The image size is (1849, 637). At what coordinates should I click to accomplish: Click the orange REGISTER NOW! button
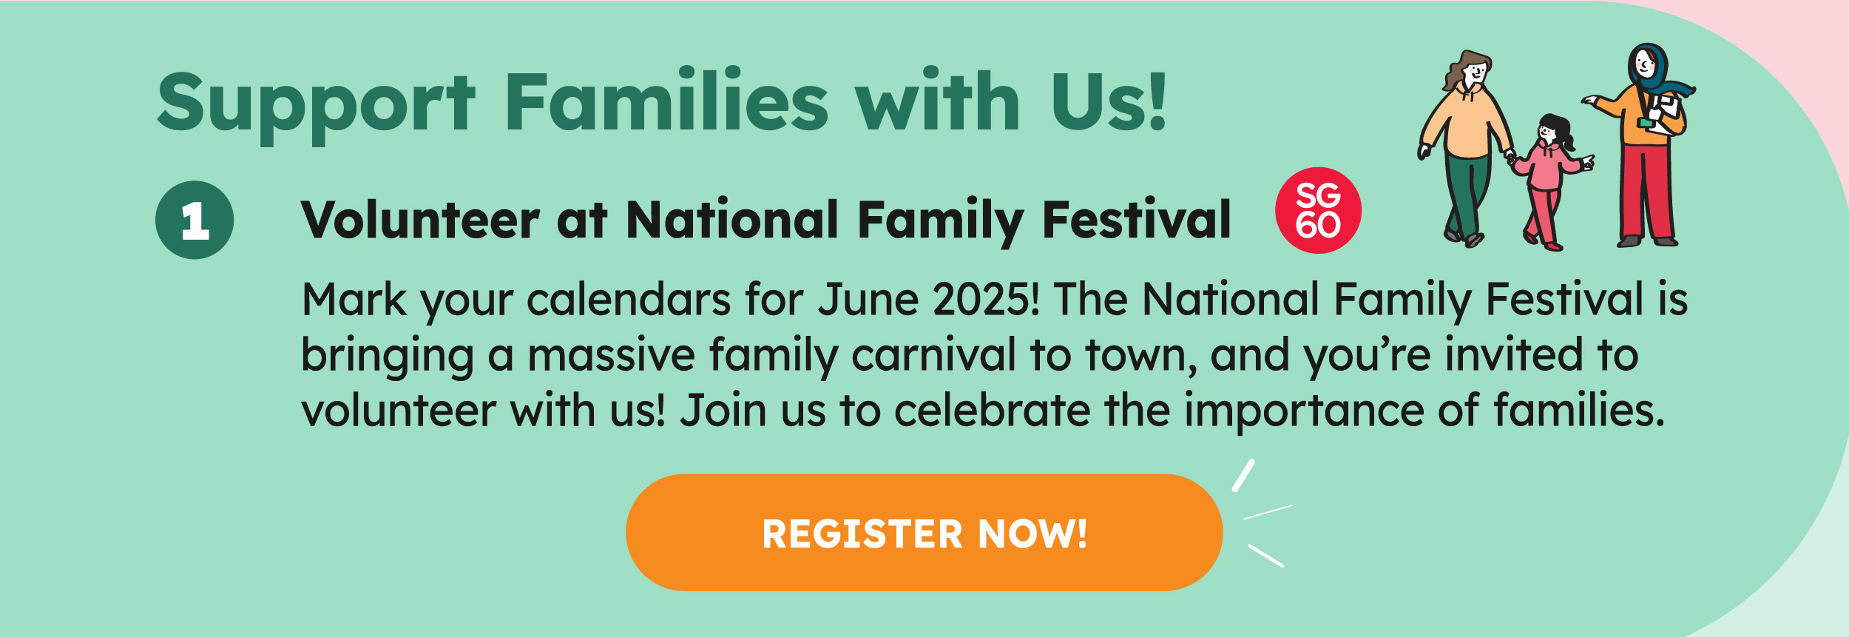(x=924, y=533)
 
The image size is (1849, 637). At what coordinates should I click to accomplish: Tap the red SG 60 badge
(x=1318, y=210)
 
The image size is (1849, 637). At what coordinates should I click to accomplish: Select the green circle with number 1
(x=195, y=220)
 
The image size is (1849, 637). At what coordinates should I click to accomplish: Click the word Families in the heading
(x=666, y=101)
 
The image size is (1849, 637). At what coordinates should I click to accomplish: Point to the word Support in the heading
(x=316, y=107)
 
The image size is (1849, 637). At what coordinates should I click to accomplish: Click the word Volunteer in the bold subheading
(x=420, y=220)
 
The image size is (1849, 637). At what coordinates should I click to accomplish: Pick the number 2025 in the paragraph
(x=986, y=300)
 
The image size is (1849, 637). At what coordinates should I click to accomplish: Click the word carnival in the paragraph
(x=934, y=355)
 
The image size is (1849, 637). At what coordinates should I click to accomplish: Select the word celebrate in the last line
(x=992, y=411)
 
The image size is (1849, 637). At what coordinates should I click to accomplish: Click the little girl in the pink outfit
(x=1551, y=182)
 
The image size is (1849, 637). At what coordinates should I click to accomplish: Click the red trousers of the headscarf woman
(x=1646, y=192)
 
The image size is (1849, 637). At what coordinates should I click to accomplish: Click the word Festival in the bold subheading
(x=1137, y=220)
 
